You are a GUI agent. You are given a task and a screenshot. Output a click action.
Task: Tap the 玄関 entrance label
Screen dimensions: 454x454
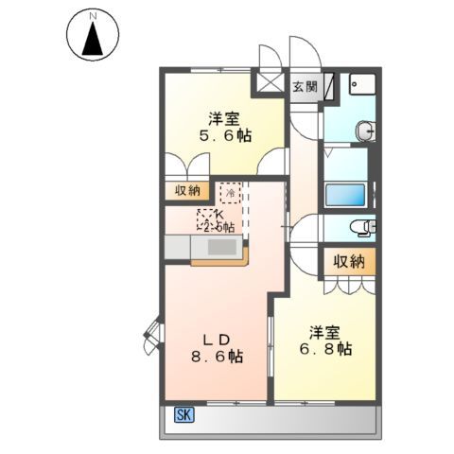click(x=304, y=88)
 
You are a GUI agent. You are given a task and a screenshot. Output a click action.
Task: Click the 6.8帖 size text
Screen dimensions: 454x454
click(x=328, y=349)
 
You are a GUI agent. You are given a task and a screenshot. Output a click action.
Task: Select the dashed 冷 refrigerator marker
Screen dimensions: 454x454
click(x=229, y=193)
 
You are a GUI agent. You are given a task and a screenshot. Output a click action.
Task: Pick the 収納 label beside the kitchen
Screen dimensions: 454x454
click(x=186, y=190)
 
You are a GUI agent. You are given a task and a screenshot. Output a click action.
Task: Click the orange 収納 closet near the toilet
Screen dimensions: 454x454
click(x=348, y=261)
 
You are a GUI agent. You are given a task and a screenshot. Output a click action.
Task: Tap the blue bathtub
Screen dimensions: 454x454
click(x=345, y=195)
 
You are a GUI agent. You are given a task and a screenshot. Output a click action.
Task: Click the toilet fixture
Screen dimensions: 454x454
click(x=362, y=227)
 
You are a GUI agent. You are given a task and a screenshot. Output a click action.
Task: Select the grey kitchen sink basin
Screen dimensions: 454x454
click(x=221, y=247)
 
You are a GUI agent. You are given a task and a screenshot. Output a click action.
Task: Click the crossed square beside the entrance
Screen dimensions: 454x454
click(x=270, y=83)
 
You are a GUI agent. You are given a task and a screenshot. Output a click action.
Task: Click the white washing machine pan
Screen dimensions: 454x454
click(x=360, y=88)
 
